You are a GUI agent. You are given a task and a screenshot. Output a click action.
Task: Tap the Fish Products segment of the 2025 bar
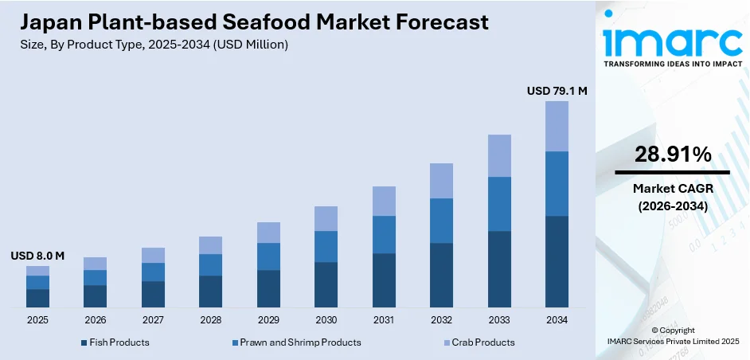coord(37,298)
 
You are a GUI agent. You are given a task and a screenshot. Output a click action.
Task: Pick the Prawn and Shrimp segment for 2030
coord(326,246)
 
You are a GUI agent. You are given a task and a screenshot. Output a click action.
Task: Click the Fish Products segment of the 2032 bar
coord(441,275)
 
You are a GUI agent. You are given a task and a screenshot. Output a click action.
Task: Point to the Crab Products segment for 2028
coord(210,245)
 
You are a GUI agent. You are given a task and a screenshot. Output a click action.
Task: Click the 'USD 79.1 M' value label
coord(557,92)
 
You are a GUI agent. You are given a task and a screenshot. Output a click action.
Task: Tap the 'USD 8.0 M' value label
coord(37,256)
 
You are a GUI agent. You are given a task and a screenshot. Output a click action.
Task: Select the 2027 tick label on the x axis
coord(153,320)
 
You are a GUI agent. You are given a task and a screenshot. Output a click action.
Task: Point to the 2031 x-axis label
coord(384,320)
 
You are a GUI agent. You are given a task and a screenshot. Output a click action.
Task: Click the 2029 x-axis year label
coord(268,320)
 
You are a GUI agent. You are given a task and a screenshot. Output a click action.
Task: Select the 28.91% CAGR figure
coord(673,155)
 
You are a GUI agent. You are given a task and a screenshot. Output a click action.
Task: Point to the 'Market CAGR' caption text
coord(673,188)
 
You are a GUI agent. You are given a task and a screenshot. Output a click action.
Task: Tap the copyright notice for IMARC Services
coord(673,335)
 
